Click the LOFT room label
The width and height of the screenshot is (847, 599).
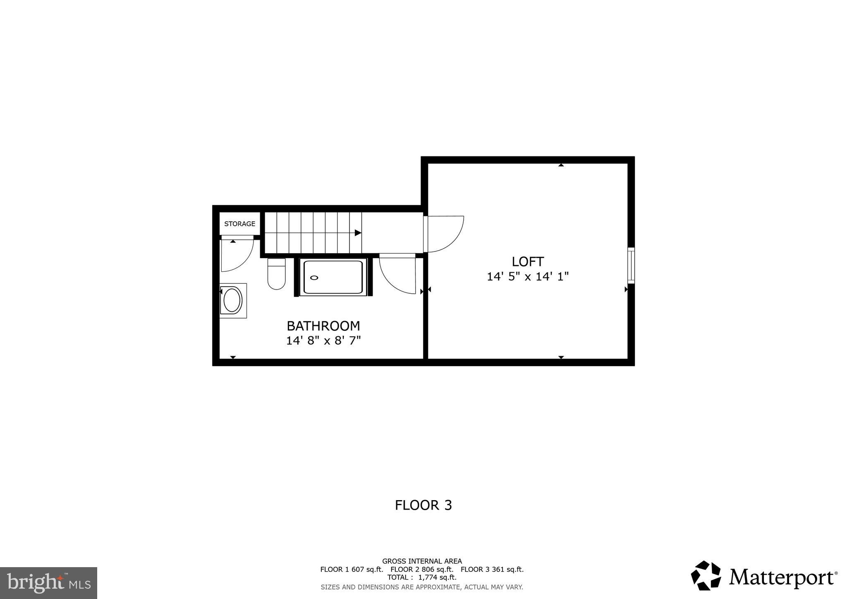527,261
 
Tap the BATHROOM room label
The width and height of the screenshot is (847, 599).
323,326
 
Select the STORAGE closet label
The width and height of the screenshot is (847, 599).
239,224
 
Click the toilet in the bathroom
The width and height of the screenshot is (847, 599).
276,274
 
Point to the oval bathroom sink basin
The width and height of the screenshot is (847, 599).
232,300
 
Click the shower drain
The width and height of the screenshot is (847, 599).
314,278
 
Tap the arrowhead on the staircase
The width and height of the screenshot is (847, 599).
358,233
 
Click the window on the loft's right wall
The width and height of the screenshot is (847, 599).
631,265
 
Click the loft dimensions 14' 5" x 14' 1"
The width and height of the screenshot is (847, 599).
527,276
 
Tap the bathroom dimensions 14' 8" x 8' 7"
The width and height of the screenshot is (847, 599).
323,341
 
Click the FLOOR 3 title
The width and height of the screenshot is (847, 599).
423,505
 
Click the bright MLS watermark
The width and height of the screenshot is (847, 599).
48,583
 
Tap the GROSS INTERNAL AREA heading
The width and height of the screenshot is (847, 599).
422,561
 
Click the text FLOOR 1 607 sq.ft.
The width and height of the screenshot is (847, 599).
352,569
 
